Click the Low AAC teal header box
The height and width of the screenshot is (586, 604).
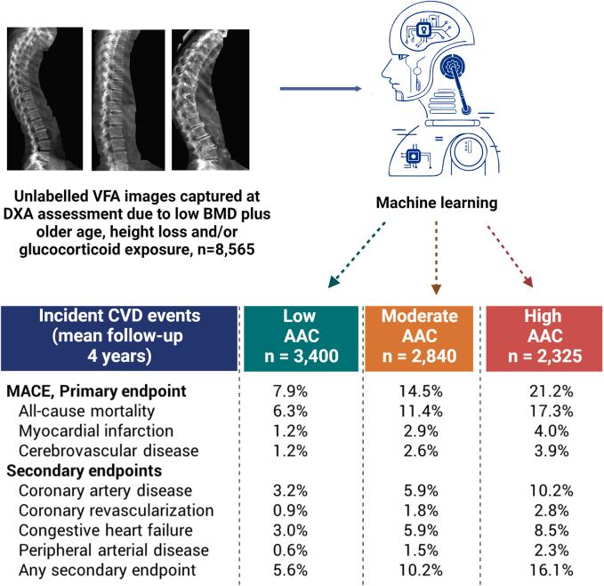pyautogui.click(x=299, y=335)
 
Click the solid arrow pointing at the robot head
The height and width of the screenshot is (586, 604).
pyautogui.click(x=322, y=88)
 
